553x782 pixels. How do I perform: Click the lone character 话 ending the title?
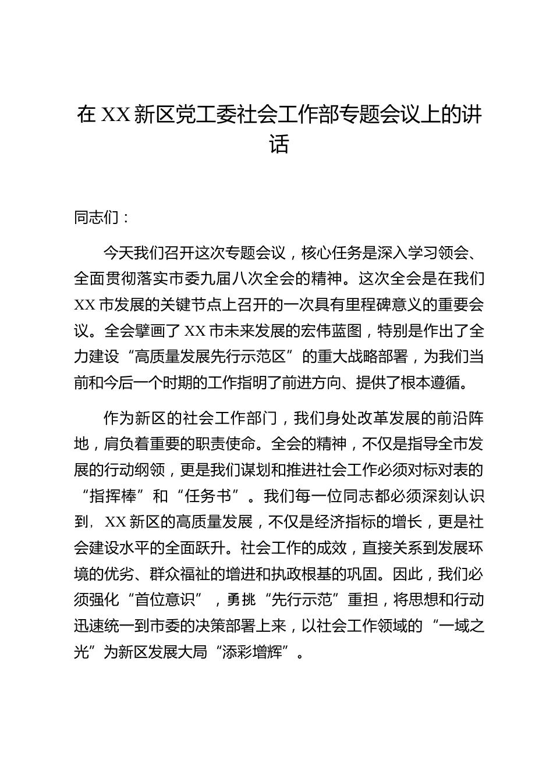(x=279, y=144)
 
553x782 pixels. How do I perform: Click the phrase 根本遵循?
(x=437, y=382)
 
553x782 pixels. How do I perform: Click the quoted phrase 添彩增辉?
(x=252, y=652)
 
